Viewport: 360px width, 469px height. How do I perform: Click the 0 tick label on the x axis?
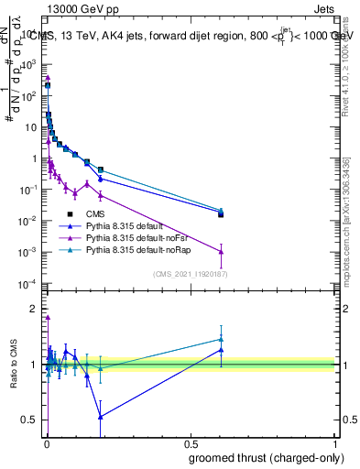[47, 445]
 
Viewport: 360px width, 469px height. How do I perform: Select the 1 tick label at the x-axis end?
[337, 445]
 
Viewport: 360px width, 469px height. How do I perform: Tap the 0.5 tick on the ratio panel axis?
[33, 420]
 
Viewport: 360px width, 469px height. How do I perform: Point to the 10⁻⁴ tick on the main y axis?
[31, 283]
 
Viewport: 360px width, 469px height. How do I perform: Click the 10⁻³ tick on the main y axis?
[31, 252]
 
